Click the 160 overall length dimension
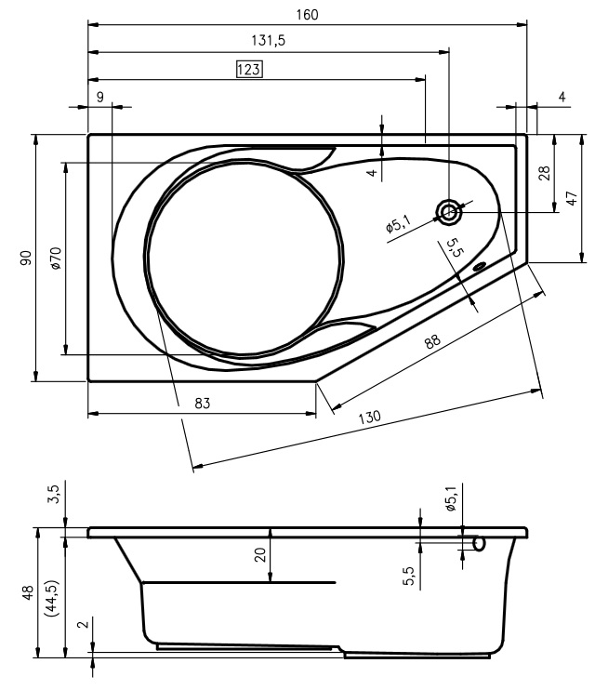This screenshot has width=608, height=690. [307, 15]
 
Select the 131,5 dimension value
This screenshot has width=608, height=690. [269, 41]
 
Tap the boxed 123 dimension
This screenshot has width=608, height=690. [249, 69]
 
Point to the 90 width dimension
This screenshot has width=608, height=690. [26, 258]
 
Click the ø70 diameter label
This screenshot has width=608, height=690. [56, 259]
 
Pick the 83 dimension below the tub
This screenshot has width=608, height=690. [203, 403]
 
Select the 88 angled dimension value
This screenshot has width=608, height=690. [432, 341]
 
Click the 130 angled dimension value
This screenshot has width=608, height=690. [369, 417]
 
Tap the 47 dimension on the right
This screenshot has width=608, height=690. [571, 198]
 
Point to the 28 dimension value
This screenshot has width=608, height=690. [544, 173]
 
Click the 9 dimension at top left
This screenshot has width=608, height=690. [100, 97]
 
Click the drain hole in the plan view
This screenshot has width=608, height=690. [448, 212]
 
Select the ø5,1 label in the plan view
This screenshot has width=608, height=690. [398, 225]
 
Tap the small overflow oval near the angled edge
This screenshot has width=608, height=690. [479, 266]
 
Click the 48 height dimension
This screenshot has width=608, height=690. [28, 592]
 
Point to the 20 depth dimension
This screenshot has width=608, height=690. [260, 554]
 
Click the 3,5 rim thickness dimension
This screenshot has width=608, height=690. [54, 493]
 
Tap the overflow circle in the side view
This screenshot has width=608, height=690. [479, 544]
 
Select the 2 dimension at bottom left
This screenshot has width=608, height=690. [85, 624]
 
